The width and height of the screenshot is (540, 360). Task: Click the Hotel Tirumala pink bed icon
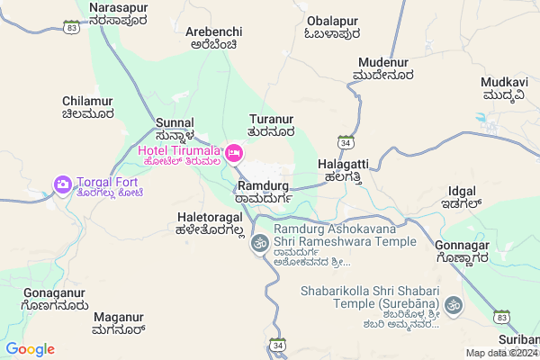(x=234, y=154)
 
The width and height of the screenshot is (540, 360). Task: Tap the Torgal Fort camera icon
(x=62, y=184)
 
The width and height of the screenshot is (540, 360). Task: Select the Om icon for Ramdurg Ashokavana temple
(x=259, y=242)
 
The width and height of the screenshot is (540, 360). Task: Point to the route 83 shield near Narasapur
(x=71, y=28)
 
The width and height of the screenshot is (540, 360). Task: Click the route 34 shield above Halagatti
(x=345, y=141)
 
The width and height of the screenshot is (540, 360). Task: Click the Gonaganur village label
(x=55, y=300)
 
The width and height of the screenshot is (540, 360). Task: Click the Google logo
(x=30, y=349)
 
